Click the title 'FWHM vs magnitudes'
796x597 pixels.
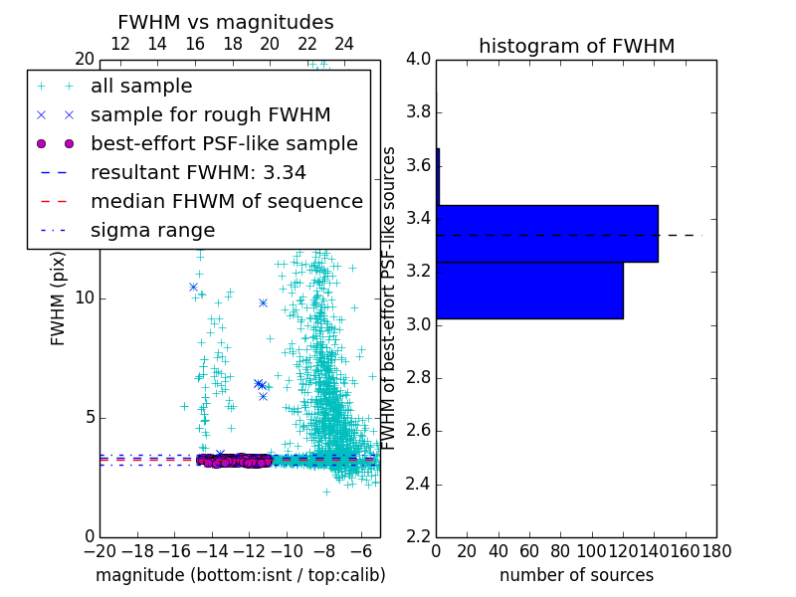tap(226, 22)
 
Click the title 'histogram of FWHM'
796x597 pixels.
tap(576, 46)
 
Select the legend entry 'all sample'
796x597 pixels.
tap(141, 87)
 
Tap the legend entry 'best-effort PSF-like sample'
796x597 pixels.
tap(224, 144)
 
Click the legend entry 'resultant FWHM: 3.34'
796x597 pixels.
tap(198, 173)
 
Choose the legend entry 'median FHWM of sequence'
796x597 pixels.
tap(226, 202)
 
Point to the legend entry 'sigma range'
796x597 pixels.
tap(152, 231)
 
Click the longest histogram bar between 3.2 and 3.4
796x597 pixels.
tap(547, 234)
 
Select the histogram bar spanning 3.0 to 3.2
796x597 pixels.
tap(529, 291)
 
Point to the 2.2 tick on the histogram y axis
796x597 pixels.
tap(418, 537)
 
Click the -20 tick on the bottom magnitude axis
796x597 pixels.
tap(99, 550)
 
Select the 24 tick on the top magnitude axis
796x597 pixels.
tap(344, 45)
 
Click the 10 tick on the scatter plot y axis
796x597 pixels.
tap(85, 298)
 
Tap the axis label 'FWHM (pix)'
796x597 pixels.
tap(59, 298)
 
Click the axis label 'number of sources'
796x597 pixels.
tap(576, 575)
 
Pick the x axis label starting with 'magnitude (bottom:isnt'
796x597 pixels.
tap(240, 575)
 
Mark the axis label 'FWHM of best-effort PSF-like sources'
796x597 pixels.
tap(390, 298)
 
